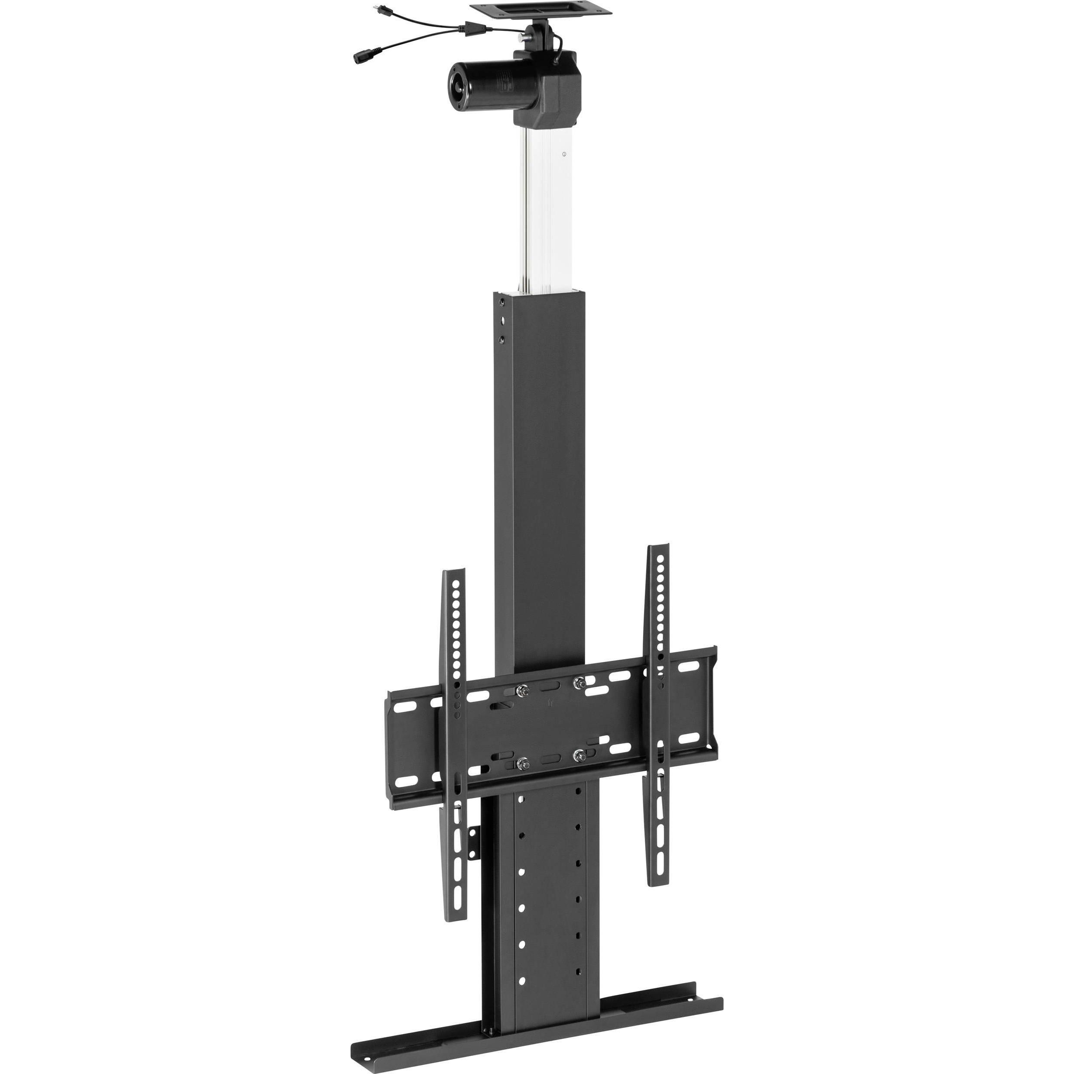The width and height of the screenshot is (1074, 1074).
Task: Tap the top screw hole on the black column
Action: click(x=502, y=303)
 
